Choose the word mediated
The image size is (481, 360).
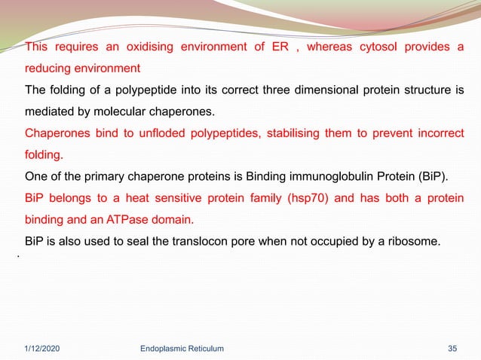click(51, 113)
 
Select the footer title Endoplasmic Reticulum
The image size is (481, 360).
click(182, 349)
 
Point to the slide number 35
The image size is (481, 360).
click(452, 349)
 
